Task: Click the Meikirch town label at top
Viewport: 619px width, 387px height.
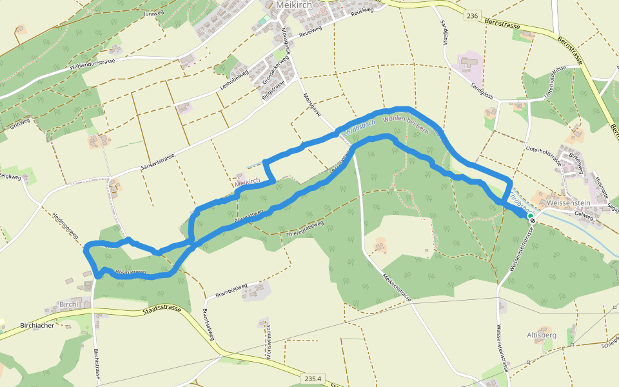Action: tap(294, 5)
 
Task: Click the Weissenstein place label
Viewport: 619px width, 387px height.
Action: tap(567, 203)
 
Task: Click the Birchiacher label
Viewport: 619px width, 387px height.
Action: tap(37, 326)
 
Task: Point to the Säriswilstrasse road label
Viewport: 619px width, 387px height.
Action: tap(158, 158)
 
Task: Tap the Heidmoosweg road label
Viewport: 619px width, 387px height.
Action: tap(65, 226)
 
